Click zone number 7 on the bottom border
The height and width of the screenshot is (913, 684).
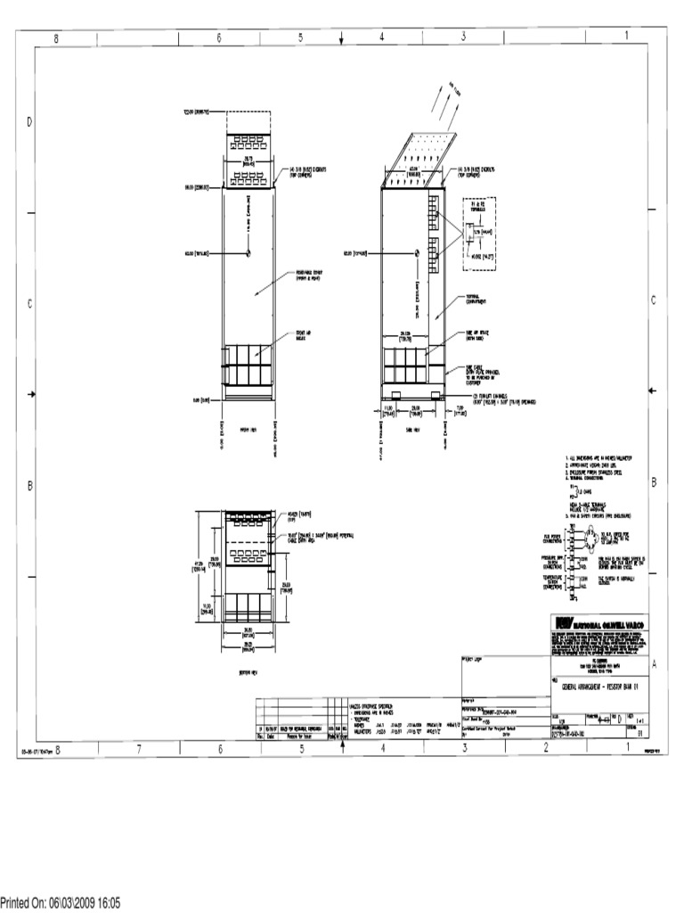tap(139, 750)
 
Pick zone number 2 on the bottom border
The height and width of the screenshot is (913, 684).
tap(545, 750)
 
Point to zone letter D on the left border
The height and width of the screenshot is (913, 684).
tap(28, 121)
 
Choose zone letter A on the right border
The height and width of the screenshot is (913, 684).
tap(654, 663)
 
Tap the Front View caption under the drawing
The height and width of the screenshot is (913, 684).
tap(248, 428)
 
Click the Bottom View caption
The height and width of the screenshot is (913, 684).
tap(248, 672)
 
